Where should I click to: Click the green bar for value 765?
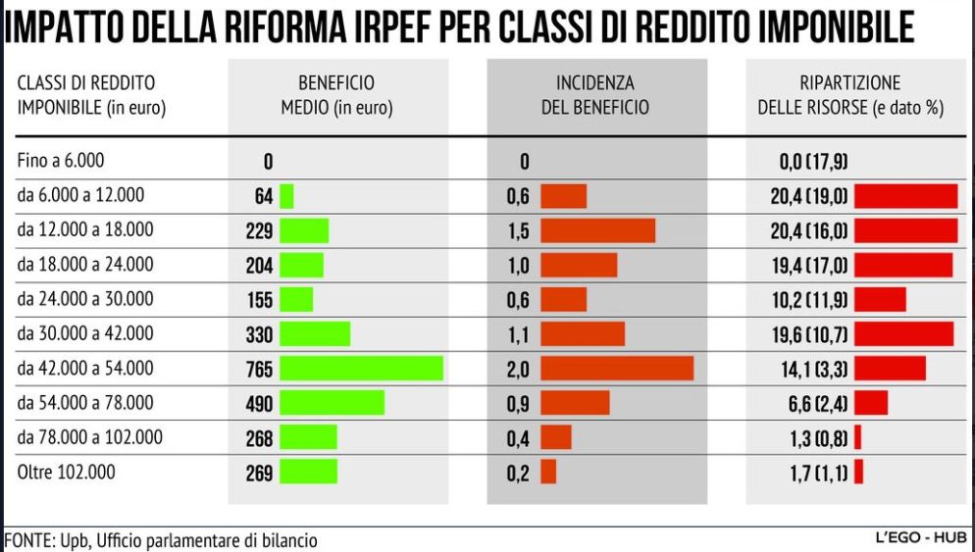(x=361, y=368)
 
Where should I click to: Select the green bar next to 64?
(x=286, y=196)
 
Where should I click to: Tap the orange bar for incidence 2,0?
(x=617, y=368)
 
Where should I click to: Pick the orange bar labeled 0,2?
(x=548, y=472)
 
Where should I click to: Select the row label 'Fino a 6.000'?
(x=61, y=161)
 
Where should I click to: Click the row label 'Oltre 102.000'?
(x=66, y=472)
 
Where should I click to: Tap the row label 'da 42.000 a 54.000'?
(x=85, y=368)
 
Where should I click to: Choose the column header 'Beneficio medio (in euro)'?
(x=336, y=96)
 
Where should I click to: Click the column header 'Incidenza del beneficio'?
(x=595, y=96)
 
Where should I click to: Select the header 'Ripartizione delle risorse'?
(x=850, y=96)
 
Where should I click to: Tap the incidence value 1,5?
(x=518, y=230)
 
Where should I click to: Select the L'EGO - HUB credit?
(x=920, y=538)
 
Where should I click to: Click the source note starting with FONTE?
(x=162, y=540)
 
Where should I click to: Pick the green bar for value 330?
(x=315, y=333)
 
